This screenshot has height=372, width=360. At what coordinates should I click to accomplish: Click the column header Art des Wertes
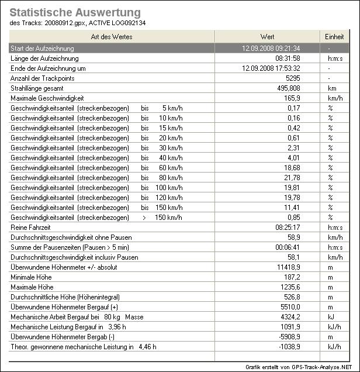click(x=112, y=37)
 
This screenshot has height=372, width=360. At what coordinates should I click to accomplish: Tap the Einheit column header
click(x=334, y=37)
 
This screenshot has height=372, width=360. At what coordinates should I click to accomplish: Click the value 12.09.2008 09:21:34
click(x=271, y=48)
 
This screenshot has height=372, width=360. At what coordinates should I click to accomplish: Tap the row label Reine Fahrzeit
click(x=32, y=227)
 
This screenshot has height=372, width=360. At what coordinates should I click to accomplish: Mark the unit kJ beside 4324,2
click(x=330, y=317)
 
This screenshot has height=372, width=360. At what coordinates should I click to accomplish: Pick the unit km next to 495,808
click(x=331, y=88)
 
